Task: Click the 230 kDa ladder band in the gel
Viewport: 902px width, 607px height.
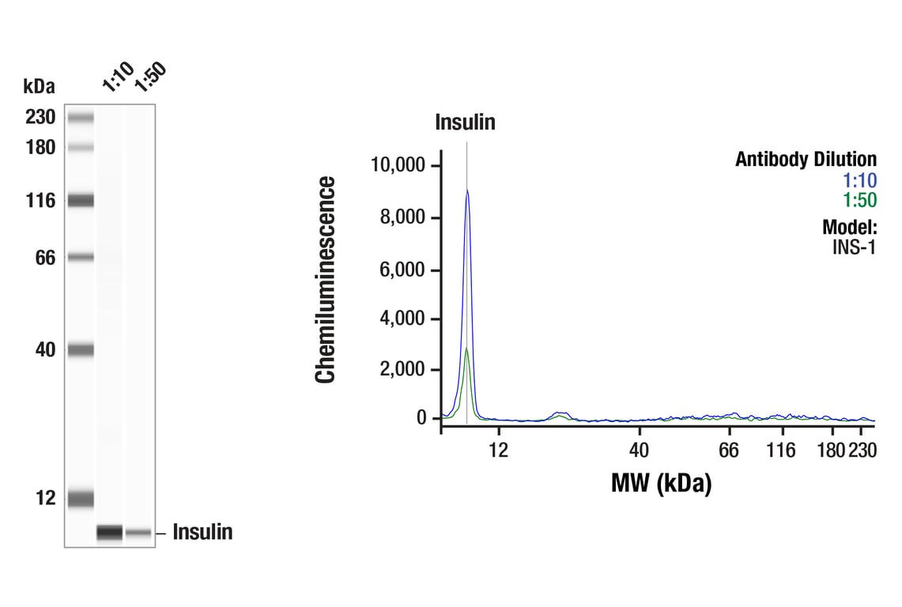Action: point(81,119)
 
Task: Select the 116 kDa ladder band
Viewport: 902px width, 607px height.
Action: point(81,201)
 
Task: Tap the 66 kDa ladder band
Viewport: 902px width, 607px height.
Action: point(81,257)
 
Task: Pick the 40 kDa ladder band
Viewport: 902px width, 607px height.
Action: point(81,349)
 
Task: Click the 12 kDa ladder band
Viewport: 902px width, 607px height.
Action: point(81,499)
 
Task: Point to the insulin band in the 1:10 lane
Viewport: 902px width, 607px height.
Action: point(110,533)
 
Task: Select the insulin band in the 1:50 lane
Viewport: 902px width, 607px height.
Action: point(138,533)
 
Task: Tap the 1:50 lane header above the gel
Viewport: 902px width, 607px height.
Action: point(149,77)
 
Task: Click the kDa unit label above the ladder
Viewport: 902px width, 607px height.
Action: point(39,86)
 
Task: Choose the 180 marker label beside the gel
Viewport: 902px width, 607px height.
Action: point(40,148)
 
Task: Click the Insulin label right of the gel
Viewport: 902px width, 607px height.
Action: point(202,533)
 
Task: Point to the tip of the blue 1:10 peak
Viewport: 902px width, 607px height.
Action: point(467,190)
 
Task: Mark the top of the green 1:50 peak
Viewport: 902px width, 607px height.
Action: point(467,349)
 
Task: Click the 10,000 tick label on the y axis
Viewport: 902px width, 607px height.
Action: point(398,165)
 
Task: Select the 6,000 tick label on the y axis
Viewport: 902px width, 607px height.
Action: point(403,270)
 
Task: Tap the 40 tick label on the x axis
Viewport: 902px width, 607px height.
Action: point(639,451)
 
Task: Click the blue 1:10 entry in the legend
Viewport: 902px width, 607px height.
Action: point(860,180)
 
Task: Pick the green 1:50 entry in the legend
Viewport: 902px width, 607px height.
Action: point(860,200)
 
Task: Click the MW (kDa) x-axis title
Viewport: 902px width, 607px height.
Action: point(661,483)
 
